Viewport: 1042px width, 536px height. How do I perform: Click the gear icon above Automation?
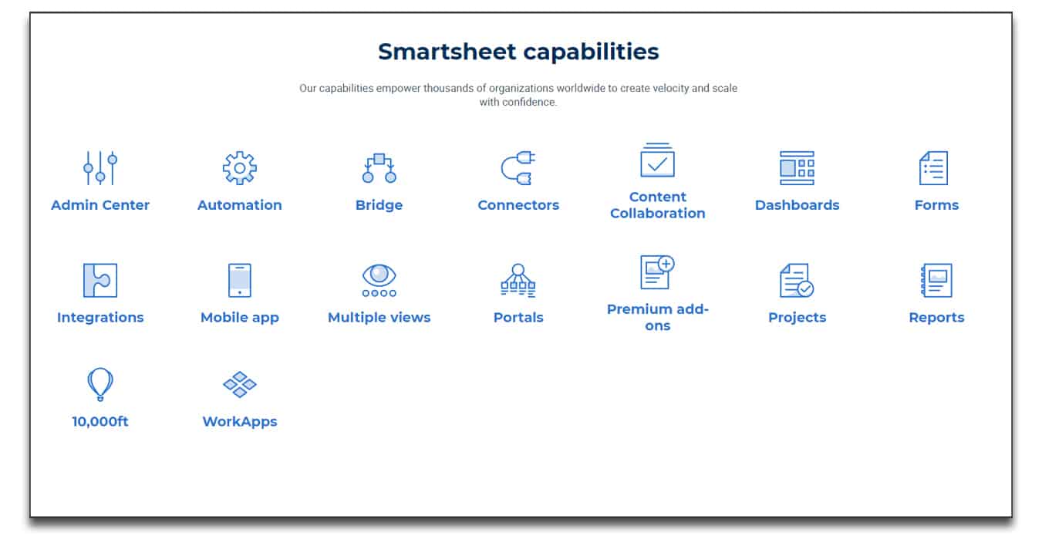[x=240, y=168]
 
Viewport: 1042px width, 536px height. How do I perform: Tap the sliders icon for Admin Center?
[x=100, y=168]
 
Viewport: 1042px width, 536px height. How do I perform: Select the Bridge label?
[x=379, y=205]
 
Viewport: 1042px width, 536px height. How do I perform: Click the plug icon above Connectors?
[x=518, y=168]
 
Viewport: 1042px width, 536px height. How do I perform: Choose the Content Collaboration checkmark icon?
[x=657, y=160]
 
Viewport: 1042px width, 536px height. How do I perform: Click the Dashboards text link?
[x=797, y=205]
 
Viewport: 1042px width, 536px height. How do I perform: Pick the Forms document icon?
[x=933, y=168]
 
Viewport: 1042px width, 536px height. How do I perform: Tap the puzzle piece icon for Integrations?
[x=100, y=280]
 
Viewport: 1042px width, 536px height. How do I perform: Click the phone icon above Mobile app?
[x=240, y=280]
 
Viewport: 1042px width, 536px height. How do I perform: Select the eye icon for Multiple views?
[x=379, y=280]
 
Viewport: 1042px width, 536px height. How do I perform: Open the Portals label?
[x=518, y=317]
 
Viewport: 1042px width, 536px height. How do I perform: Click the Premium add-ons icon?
[x=657, y=272]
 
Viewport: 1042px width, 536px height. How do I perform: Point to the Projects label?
[x=797, y=317]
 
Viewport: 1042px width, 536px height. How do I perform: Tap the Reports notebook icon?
[x=936, y=280]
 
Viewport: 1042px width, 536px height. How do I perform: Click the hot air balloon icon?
[x=100, y=384]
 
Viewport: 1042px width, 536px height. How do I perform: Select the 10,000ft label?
[x=100, y=422]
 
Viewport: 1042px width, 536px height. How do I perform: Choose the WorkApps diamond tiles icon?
[x=240, y=384]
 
